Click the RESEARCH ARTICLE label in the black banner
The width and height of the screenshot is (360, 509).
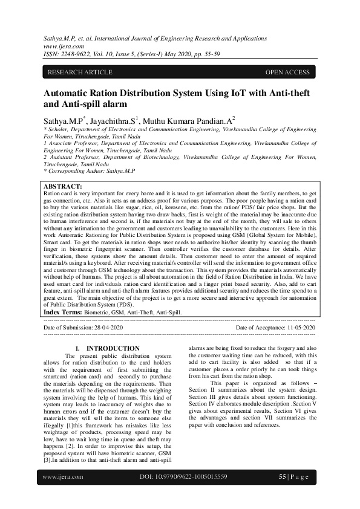point(80,73)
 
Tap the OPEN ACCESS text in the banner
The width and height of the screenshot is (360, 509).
point(287,73)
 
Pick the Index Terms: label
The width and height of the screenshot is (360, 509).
point(64,313)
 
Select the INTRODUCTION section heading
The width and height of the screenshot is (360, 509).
point(113,348)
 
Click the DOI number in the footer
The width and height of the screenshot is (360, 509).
point(183,494)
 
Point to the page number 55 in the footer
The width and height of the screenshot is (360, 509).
point(282,494)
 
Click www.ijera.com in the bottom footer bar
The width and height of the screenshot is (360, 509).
point(63,494)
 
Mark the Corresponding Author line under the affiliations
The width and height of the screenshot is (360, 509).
point(90,171)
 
